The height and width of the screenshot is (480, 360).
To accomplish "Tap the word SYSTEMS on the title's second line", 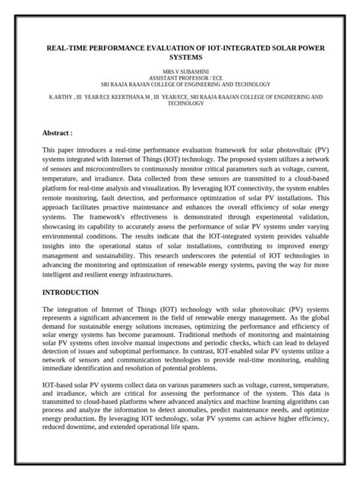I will click(x=180, y=56).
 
